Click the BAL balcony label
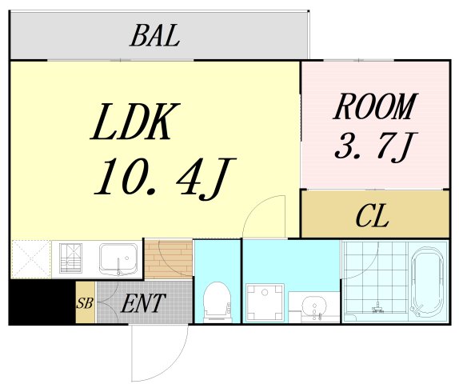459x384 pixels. [154, 36]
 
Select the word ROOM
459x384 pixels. [376, 106]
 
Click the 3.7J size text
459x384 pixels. [376, 147]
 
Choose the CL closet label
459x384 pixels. [373, 216]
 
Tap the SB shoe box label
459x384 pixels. [85, 303]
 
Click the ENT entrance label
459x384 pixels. [143, 303]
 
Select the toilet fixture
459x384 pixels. [218, 302]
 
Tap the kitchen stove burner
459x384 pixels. [70, 258]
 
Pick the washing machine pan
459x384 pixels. [265, 302]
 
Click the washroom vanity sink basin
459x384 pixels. [314, 306]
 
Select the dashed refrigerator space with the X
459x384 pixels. [31, 259]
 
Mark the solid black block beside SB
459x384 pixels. [42, 302]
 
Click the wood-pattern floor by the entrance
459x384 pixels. [169, 259]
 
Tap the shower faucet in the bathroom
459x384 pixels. [378, 307]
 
